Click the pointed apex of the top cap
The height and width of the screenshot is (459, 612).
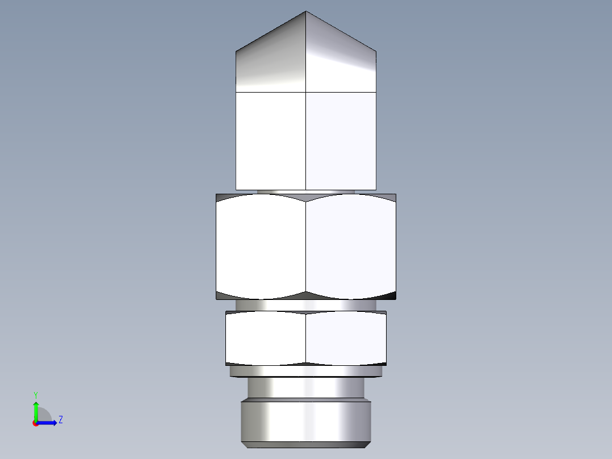pyautogui.click(x=306, y=12)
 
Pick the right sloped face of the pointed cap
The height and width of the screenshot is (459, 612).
pyautogui.click(x=341, y=62)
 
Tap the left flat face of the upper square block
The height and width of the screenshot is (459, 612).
pyautogui.click(x=271, y=140)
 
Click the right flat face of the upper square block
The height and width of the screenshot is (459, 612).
pyautogui.click(x=341, y=140)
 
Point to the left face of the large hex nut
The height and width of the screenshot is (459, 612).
pyautogui.click(x=261, y=246)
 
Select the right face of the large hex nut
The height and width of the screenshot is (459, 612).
pyautogui.click(x=350, y=246)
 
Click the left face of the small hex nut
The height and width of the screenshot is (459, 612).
pyautogui.click(x=266, y=338)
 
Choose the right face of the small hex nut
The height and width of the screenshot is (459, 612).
pyautogui.click(x=346, y=338)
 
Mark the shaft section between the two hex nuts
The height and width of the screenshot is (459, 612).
pyautogui.click(x=306, y=305)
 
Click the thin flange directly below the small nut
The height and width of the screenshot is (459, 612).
pyautogui.click(x=306, y=372)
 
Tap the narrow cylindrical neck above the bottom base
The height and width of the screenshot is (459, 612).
pyautogui.click(x=306, y=389)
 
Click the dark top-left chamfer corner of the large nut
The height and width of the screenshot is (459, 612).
pyautogui.click(x=223, y=197)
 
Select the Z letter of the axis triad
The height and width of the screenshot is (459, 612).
pyautogui.click(x=60, y=420)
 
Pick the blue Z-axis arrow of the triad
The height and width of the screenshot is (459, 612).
pyautogui.click(x=48, y=423)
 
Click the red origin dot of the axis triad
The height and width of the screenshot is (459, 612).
pyautogui.click(x=35, y=423)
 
